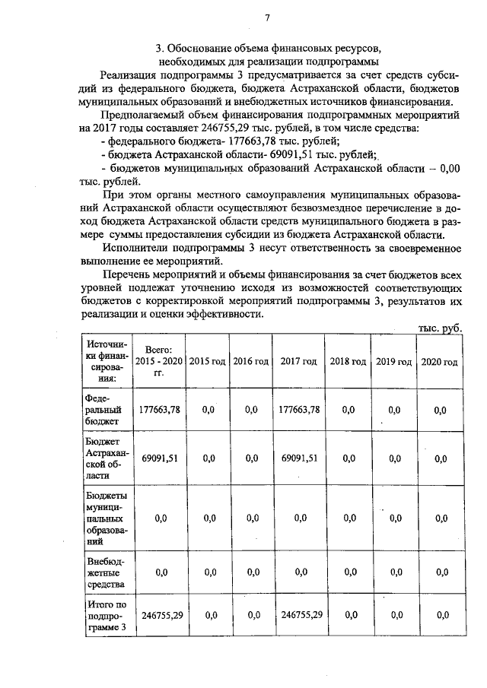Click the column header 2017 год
pos(298,361)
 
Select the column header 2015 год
pos(208,361)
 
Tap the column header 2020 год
pos(440,361)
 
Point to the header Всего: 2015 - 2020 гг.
pos(159,361)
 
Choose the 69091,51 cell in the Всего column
pos(159,458)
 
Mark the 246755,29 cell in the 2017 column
pos(298,616)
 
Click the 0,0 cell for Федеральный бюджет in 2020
pos(440,411)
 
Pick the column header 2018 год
pos(348,361)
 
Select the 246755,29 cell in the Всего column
pos(159,616)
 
